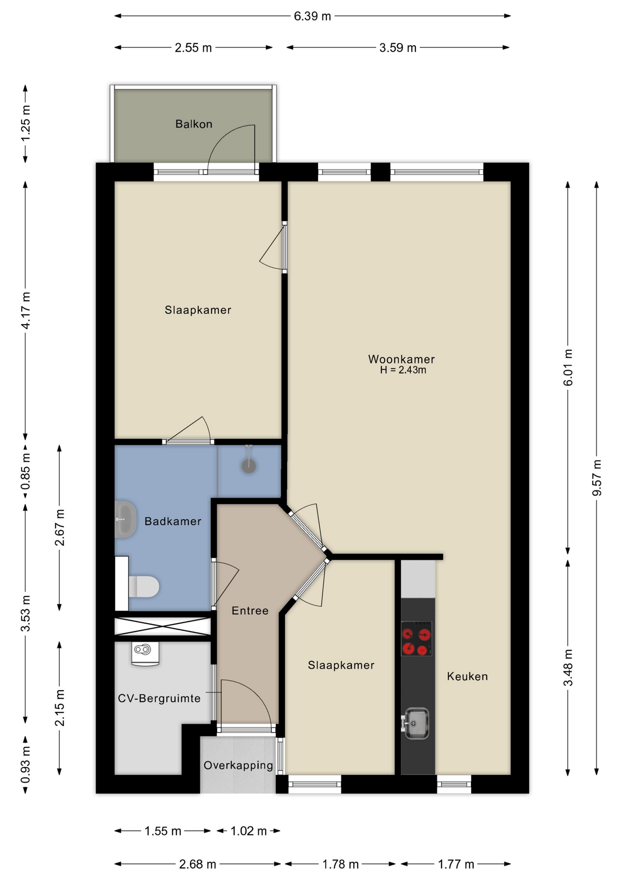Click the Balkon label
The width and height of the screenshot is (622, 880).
(194, 124)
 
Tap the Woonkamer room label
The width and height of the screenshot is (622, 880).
(401, 359)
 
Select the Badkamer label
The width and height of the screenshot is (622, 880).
(173, 521)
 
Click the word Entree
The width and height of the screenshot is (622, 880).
(250, 610)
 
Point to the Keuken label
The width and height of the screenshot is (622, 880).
(467, 676)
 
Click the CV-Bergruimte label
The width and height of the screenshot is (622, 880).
(159, 698)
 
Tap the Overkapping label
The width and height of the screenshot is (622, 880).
(238, 765)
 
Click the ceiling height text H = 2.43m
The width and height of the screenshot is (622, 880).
(403, 370)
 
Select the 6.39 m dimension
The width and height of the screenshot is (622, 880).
(312, 16)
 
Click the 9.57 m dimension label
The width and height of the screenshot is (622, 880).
(597, 478)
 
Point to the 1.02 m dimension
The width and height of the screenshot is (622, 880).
(248, 831)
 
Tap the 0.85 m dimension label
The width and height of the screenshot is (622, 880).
(26, 471)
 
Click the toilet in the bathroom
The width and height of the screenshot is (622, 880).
(144, 587)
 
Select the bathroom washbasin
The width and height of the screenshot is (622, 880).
(125, 519)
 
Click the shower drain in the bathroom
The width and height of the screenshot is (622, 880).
(249, 466)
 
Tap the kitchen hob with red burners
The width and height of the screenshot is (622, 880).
(416, 638)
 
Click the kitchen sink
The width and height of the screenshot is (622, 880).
(415, 724)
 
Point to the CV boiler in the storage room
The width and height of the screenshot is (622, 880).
(145, 654)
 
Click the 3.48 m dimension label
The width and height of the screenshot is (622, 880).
(568, 668)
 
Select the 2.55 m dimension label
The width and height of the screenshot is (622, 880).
(193, 48)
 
